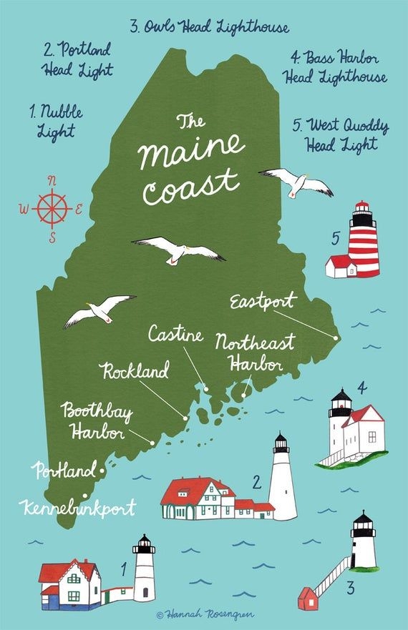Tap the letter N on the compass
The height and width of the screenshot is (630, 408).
pyautogui.click(x=52, y=180)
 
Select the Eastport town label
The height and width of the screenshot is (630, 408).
pyautogui.click(x=263, y=301)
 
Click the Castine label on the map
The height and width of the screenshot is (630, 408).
pyautogui.click(x=176, y=334)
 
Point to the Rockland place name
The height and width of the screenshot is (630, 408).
pyautogui.click(x=135, y=371)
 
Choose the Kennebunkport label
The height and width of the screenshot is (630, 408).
pyautogui.click(x=77, y=509)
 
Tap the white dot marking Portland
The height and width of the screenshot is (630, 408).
pyautogui.click(x=103, y=471)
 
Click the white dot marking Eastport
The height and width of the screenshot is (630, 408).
pyautogui.click(x=336, y=336)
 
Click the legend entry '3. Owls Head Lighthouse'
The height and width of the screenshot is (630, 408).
pyautogui.click(x=209, y=28)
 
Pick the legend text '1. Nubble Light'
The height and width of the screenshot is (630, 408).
pyautogui.click(x=57, y=122)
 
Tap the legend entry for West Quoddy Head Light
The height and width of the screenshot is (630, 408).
pyautogui.click(x=341, y=134)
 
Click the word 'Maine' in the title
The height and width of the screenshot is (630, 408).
pyautogui.click(x=191, y=149)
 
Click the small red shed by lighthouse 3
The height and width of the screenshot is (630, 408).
pyautogui.click(x=308, y=598)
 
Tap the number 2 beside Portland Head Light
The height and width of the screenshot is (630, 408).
pyautogui.click(x=256, y=483)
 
